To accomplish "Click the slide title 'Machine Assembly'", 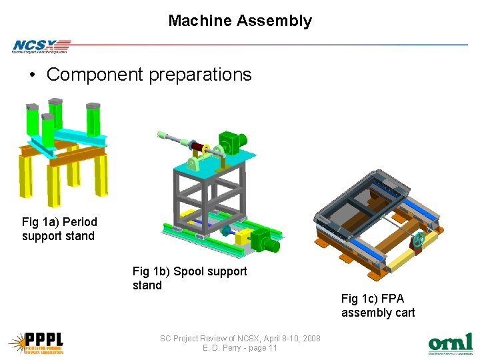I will coord(239,21).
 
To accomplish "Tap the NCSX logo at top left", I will coord(40,46).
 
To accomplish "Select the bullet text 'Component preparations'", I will coord(149,75).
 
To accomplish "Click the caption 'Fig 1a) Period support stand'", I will coord(59,229).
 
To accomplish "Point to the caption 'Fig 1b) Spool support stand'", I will coord(189,278).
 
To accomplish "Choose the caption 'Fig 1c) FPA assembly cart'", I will coord(377,305).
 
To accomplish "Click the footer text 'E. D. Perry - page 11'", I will coord(240,348).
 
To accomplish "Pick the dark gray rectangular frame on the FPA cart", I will coord(360,200).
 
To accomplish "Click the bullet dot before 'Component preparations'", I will coord(32,75).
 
